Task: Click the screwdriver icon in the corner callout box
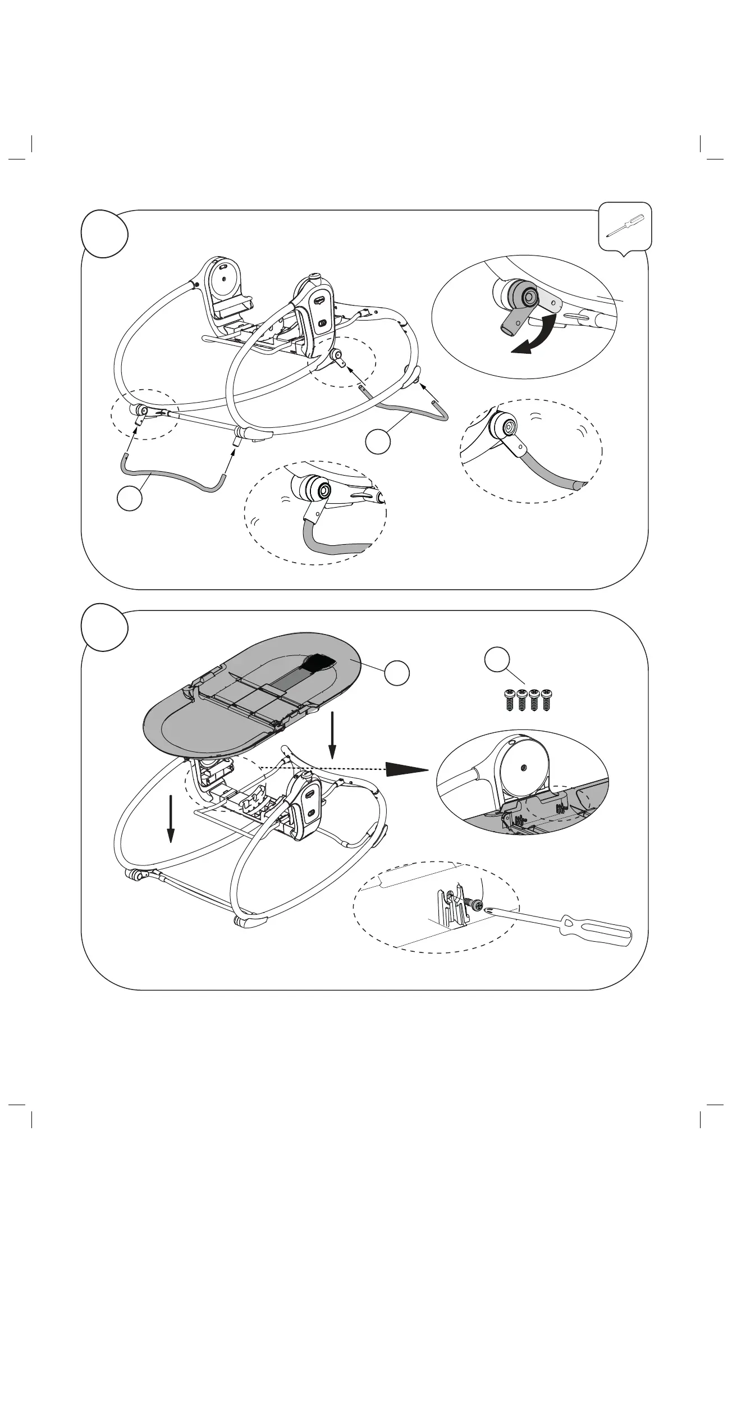(626, 226)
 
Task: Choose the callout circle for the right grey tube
(378, 442)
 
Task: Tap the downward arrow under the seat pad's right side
(332, 733)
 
